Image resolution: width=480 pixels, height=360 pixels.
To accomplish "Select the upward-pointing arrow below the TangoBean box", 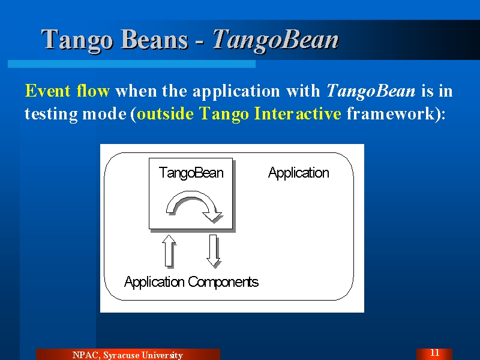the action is pos(169,250).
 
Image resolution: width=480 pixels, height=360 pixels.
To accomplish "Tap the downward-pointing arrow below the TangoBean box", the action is pos(213,250).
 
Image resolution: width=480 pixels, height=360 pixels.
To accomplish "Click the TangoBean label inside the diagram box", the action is pos(191,173).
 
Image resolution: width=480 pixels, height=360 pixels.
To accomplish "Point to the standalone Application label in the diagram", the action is pos(298,173).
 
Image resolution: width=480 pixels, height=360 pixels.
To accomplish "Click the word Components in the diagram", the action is pos(223,281).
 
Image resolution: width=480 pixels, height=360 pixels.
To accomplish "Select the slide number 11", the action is pos(434,353).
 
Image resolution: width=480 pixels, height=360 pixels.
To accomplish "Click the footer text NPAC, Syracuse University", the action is pos(128,355).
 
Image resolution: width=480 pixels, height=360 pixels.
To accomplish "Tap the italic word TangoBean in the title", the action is pos(275,40).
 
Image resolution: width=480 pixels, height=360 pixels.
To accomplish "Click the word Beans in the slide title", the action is pos(155,39).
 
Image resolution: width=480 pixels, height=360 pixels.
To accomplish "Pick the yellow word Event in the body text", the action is pos(48,91).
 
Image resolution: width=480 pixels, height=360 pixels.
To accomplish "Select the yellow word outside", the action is pos(166,113).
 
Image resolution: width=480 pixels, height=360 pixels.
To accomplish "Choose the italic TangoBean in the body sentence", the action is pos(371,91).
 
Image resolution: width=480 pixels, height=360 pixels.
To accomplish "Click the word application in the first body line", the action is pos(236,91).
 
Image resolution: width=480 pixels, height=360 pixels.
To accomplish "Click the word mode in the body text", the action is pos(104,114).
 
